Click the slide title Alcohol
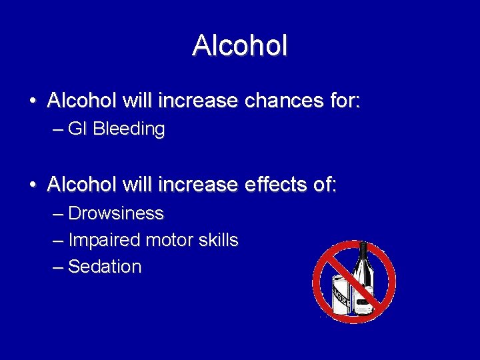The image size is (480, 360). pyautogui.click(x=240, y=45)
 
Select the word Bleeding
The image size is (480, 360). pyautogui.click(x=129, y=129)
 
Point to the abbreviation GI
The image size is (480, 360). pyautogui.click(x=77, y=129)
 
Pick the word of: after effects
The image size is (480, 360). pyautogui.click(x=323, y=185)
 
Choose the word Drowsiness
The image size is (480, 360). pyautogui.click(x=116, y=213)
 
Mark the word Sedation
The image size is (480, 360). pyautogui.click(x=105, y=267)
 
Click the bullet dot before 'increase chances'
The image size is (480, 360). pyautogui.click(x=33, y=102)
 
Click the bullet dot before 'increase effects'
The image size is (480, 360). pyautogui.click(x=33, y=185)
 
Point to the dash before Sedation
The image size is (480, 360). pyautogui.click(x=58, y=267)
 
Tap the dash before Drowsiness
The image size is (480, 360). pyautogui.click(x=58, y=213)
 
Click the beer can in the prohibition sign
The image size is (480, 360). pyautogui.click(x=343, y=293)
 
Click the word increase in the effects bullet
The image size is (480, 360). pyautogui.click(x=200, y=185)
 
